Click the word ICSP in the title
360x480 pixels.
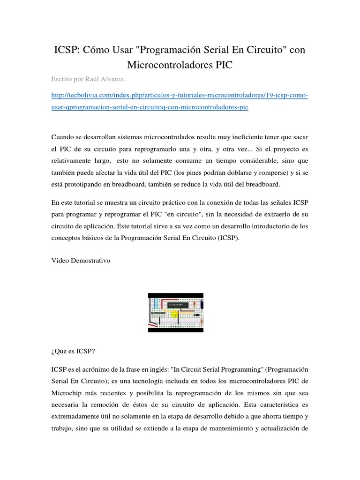(67, 49)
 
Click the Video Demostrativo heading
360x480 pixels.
(81, 261)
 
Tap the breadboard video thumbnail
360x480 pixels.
(176, 313)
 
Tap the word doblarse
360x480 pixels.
(226, 172)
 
